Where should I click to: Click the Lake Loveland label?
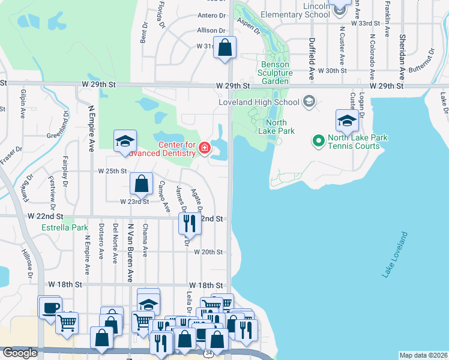coord(395,255)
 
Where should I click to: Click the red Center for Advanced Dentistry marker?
coord(205,148)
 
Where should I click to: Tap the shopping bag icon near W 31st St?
coord(224,48)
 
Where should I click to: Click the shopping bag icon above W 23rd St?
coord(141,184)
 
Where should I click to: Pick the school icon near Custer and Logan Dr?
coord(347,121)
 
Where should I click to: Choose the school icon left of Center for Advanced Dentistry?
coord(125,142)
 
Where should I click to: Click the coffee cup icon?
coord(49,307)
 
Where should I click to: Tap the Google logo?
coord(20,353)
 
